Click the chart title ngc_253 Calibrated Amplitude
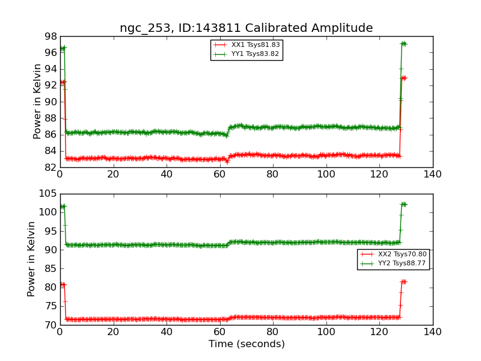point(246,28)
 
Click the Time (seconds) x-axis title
point(247,344)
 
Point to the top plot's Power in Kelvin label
point(37,102)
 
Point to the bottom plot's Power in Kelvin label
point(31,259)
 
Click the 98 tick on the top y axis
point(49,36)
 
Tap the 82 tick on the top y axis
point(49,167)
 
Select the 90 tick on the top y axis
point(49,102)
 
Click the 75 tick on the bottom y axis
point(49,306)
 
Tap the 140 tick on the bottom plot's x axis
point(432,332)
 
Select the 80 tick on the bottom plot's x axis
point(273,332)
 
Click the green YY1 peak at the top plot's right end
point(403,43)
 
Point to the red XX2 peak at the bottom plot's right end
point(403,282)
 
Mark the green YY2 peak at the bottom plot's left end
point(62,206)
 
